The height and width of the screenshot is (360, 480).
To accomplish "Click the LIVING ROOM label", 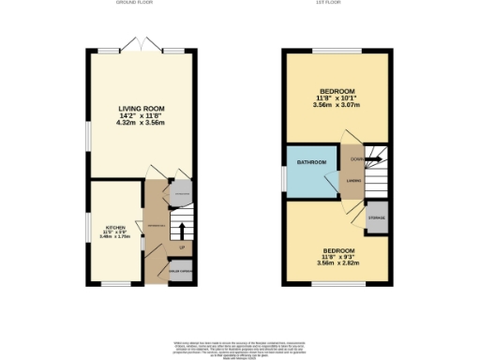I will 142,108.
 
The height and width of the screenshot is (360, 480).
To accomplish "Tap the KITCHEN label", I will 114,227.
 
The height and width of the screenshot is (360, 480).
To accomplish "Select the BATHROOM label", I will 311,163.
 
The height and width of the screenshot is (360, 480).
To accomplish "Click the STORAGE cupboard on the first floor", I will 376,216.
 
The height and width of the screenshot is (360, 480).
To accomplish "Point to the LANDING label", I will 354,179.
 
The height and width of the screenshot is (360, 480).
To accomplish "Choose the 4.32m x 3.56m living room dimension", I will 142,123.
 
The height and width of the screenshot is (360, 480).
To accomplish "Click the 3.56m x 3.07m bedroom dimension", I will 337,105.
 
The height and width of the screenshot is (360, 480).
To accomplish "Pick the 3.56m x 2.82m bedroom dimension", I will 337,265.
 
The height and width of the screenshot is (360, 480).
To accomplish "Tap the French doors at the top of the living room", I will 142,46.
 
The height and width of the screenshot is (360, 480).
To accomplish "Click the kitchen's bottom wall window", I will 116,284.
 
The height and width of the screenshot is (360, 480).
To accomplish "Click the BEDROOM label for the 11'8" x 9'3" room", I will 337,250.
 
